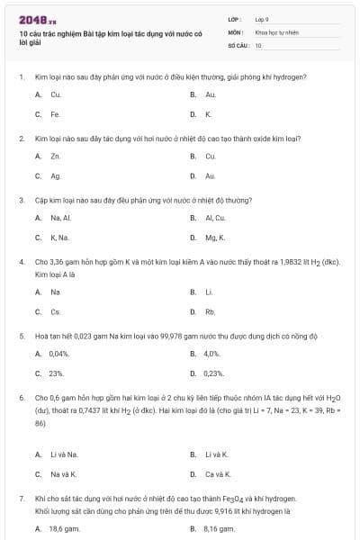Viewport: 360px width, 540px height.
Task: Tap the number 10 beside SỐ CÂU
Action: click(258, 44)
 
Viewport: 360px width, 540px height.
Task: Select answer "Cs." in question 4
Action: click(56, 311)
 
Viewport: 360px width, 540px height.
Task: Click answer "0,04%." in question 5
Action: click(60, 353)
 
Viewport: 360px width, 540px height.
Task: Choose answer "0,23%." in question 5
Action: click(213, 373)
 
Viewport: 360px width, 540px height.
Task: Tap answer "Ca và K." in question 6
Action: click(217, 473)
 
